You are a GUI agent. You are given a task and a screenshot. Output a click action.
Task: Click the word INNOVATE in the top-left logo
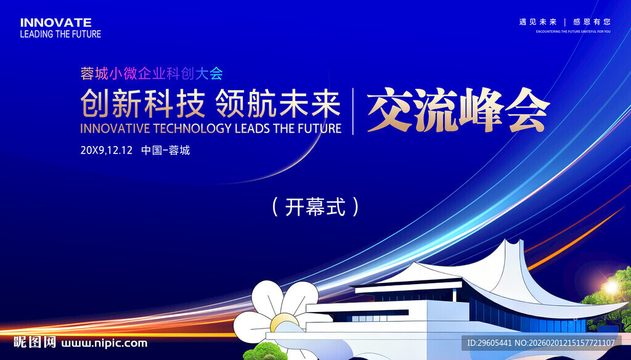56,23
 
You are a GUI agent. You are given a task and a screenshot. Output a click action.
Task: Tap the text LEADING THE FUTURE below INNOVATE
60,35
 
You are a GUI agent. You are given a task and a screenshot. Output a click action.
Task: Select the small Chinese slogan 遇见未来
537,22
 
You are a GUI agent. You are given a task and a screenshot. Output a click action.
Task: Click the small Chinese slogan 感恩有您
592,22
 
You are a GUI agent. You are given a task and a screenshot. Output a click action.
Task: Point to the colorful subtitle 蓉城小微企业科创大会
152,73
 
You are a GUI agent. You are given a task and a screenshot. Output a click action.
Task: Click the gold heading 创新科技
143,104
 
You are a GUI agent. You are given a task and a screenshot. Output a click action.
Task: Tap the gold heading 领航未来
278,104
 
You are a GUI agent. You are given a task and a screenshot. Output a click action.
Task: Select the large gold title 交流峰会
458,110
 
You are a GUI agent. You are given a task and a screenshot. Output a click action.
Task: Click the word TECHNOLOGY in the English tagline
192,128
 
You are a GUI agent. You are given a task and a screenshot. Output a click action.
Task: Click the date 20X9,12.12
106,150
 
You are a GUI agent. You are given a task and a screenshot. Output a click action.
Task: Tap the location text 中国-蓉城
165,150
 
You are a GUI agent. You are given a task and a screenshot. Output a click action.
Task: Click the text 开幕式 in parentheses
315,207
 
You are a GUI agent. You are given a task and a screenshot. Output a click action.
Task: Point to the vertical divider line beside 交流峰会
353,111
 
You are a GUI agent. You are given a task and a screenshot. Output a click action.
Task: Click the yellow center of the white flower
284,322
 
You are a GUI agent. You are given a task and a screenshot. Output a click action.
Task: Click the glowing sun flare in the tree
611,287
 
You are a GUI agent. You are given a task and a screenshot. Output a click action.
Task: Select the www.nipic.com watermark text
104,343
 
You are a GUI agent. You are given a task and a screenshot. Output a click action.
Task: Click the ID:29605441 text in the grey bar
489,343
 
